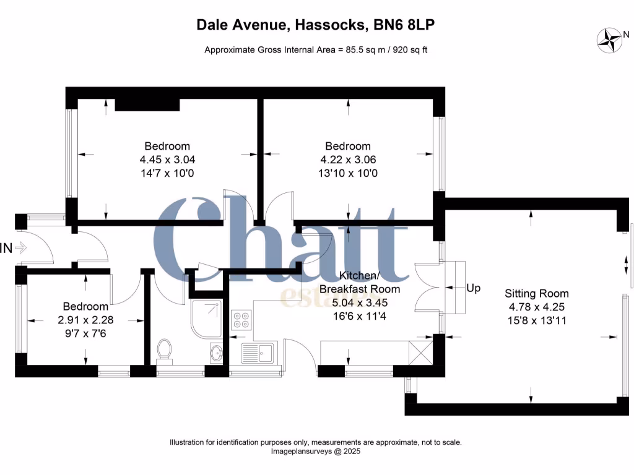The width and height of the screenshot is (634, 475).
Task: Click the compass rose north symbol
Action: pos(609,40)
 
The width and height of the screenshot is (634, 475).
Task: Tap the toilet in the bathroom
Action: pos(165,349)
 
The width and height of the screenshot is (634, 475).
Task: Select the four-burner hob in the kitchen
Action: pos(241,319)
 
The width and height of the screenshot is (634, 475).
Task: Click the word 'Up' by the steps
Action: pos(473,288)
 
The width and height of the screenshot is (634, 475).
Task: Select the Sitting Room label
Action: pos(536,293)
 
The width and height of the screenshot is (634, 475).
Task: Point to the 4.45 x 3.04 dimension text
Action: pos(167,160)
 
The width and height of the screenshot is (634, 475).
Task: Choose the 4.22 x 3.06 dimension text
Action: pos(348,160)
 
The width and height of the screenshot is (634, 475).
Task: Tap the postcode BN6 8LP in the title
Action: pos(407,25)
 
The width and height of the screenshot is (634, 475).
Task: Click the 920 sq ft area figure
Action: pos(406,50)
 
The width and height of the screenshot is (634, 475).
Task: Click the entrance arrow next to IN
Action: pos(20,249)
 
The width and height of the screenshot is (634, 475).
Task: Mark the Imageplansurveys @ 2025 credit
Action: pos(316,452)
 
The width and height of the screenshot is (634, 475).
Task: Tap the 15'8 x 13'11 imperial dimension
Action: pos(536,320)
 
